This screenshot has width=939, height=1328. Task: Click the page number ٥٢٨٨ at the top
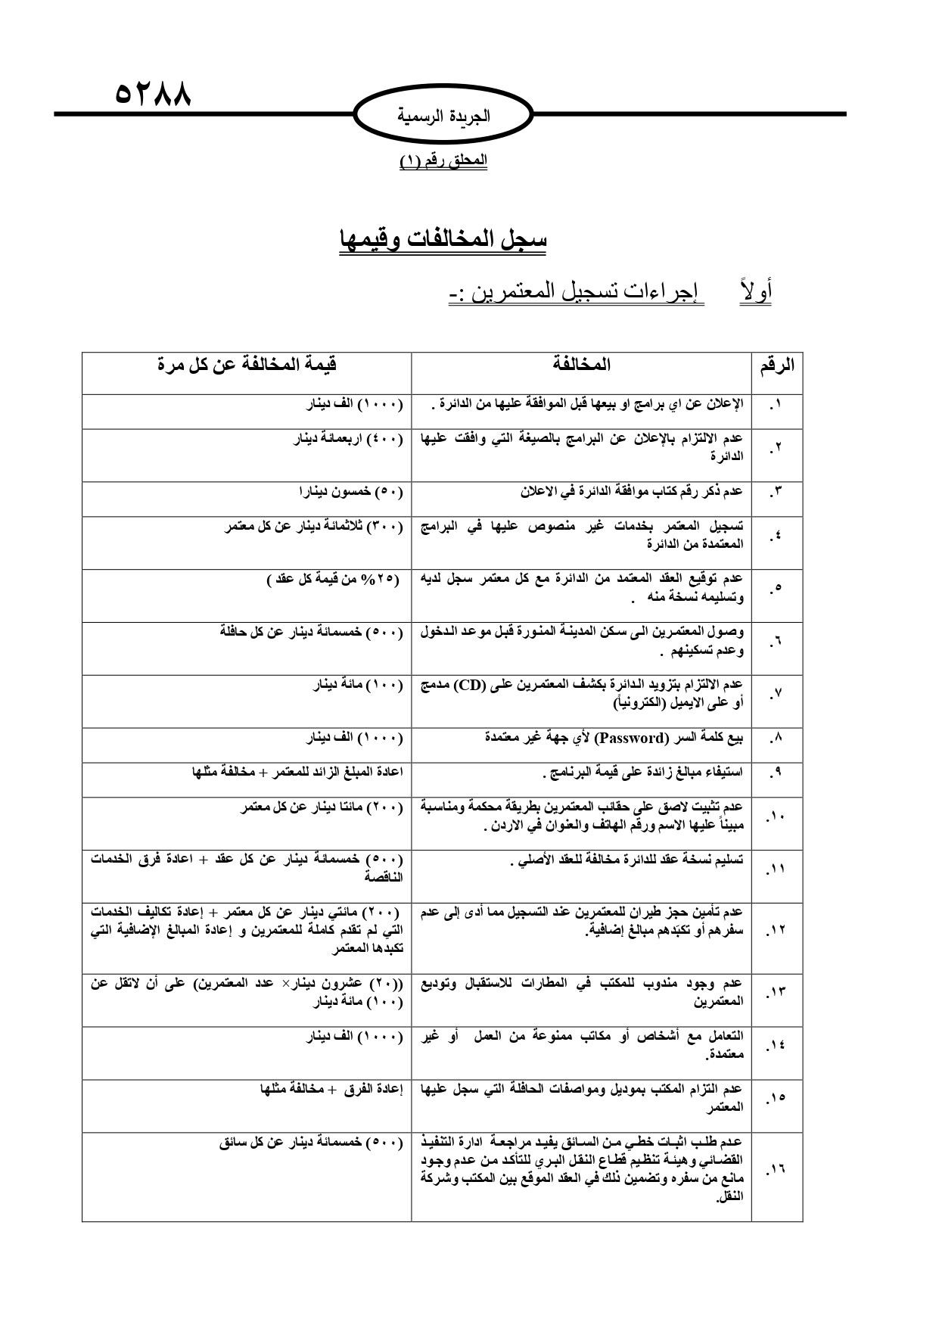pyautogui.click(x=153, y=95)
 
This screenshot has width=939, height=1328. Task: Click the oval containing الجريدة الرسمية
pyautogui.click(x=444, y=117)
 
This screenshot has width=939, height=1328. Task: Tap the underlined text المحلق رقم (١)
pyautogui.click(x=443, y=160)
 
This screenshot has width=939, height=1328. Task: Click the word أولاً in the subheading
pyautogui.click(x=754, y=291)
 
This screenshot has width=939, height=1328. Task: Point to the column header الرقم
pyautogui.click(x=776, y=365)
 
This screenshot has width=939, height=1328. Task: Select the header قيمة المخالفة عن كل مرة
pyautogui.click(x=247, y=365)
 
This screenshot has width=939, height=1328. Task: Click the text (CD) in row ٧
pyautogui.click(x=468, y=685)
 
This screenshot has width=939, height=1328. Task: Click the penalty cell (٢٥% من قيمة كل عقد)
pyautogui.click(x=333, y=580)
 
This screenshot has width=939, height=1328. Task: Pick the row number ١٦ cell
pyautogui.click(x=776, y=1169)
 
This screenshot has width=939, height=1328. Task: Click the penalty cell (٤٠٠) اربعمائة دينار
pyautogui.click(x=348, y=439)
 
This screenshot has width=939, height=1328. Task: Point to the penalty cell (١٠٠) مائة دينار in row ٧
pyautogui.click(x=358, y=685)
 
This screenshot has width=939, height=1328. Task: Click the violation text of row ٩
pyautogui.click(x=643, y=773)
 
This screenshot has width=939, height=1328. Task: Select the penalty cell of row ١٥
pyautogui.click(x=331, y=1089)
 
